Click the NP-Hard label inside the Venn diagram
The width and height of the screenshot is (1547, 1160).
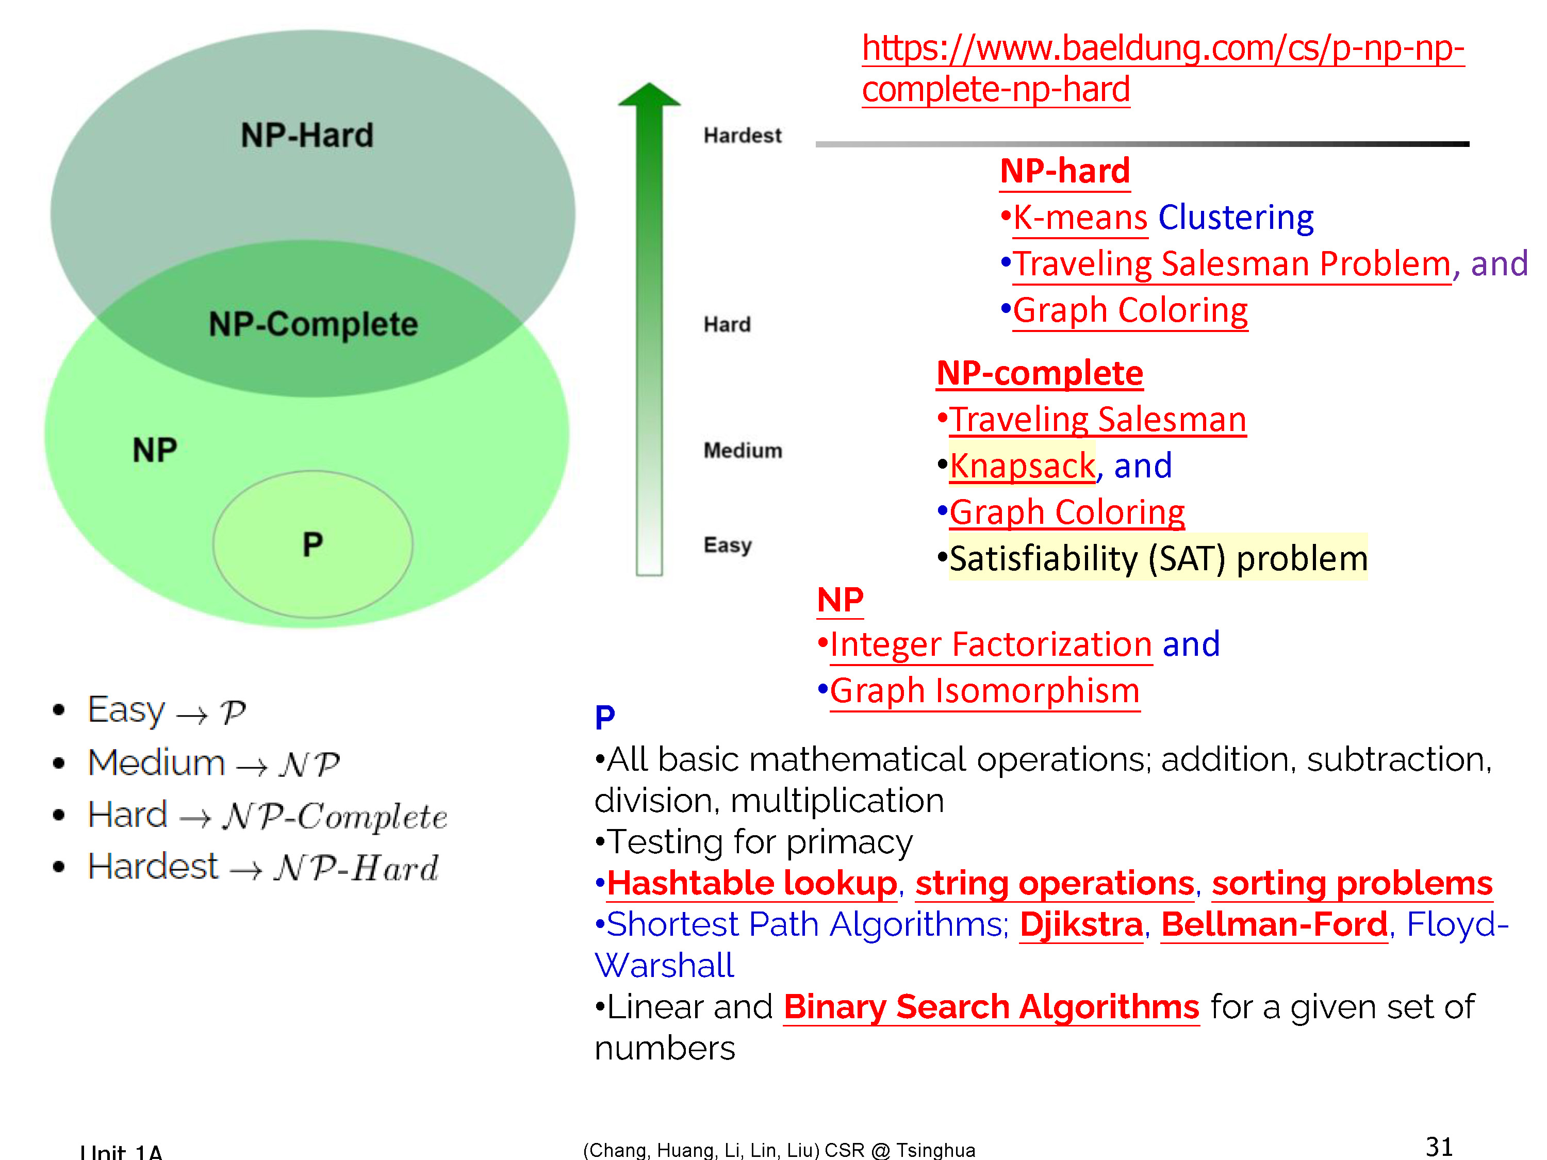point(307,135)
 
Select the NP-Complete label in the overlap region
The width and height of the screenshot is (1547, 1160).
point(314,324)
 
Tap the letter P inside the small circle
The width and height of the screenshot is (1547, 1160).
point(312,544)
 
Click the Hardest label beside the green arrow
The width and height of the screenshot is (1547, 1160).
point(742,135)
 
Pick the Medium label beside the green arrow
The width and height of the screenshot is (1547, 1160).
point(743,450)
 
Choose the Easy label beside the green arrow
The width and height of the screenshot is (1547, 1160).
point(727,545)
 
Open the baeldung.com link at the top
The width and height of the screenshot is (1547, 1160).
point(1162,69)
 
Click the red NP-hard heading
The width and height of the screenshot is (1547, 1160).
point(1064,171)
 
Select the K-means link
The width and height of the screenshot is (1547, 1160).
point(1080,218)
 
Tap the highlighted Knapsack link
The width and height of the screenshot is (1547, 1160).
point(1022,466)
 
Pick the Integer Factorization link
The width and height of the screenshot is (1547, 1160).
point(991,644)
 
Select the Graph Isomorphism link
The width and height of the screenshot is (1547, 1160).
point(985,691)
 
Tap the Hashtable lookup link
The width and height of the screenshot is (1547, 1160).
point(752,883)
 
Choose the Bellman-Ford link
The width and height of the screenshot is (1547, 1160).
point(1274,924)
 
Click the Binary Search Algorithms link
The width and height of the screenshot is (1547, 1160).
point(991,1007)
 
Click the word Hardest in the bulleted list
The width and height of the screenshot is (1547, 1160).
point(153,867)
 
